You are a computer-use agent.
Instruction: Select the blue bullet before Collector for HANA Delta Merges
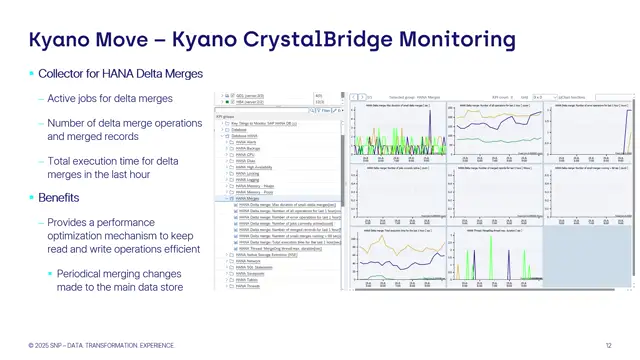(x=30, y=74)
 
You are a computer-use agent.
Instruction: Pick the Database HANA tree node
(x=245, y=135)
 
